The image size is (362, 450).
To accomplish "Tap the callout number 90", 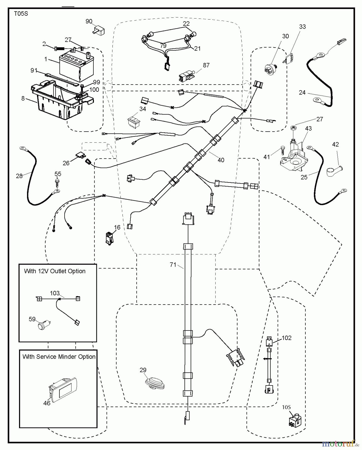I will point(89,21).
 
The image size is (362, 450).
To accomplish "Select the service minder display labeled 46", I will point(63,388).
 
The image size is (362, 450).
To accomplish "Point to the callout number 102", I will point(287,338).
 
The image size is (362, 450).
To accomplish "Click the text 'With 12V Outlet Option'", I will point(55,271).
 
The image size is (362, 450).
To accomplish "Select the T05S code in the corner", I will point(21,13).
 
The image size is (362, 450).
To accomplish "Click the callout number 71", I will point(173,265).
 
